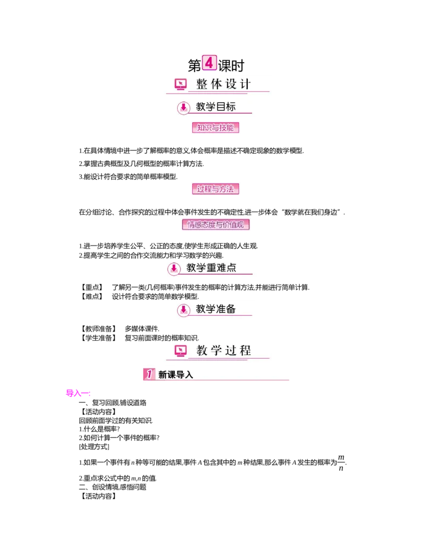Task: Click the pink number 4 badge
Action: [209, 62]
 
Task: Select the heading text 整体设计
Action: [224, 84]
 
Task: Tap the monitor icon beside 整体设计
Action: [181, 84]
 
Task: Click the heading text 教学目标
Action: [216, 107]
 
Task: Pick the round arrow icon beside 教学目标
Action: [184, 108]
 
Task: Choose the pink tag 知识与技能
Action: [215, 128]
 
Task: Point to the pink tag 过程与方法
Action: [215, 189]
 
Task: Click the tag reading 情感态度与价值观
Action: [218, 224]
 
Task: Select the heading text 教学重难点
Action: [212, 267]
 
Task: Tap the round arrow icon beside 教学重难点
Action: [174, 268]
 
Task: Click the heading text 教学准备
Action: [216, 309]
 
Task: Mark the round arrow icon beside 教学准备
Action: [184, 310]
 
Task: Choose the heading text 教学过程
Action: [224, 350]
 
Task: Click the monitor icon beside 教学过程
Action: [181, 351]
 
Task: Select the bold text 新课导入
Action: [175, 374]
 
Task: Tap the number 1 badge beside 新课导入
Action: [149, 374]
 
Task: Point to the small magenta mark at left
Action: [77, 393]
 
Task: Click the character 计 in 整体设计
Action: [245, 84]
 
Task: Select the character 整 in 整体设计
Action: [202, 84]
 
